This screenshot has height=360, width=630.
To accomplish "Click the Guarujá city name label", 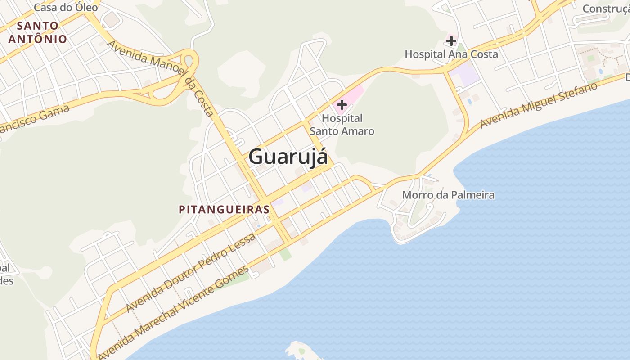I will click(x=288, y=157).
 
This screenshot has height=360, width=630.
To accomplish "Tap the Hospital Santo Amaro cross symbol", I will click(x=342, y=105).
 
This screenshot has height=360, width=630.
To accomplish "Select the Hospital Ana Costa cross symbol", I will click(x=451, y=41).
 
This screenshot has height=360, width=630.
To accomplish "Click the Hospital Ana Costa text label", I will click(x=451, y=54).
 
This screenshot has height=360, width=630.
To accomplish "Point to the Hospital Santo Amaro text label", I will click(x=342, y=125).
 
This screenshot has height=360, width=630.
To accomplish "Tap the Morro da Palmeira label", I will click(x=448, y=195).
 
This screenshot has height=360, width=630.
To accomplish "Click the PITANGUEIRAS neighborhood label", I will click(x=224, y=209).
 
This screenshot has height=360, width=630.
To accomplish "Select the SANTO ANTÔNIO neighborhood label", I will click(x=38, y=32).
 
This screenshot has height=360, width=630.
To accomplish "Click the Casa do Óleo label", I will click(x=66, y=7).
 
